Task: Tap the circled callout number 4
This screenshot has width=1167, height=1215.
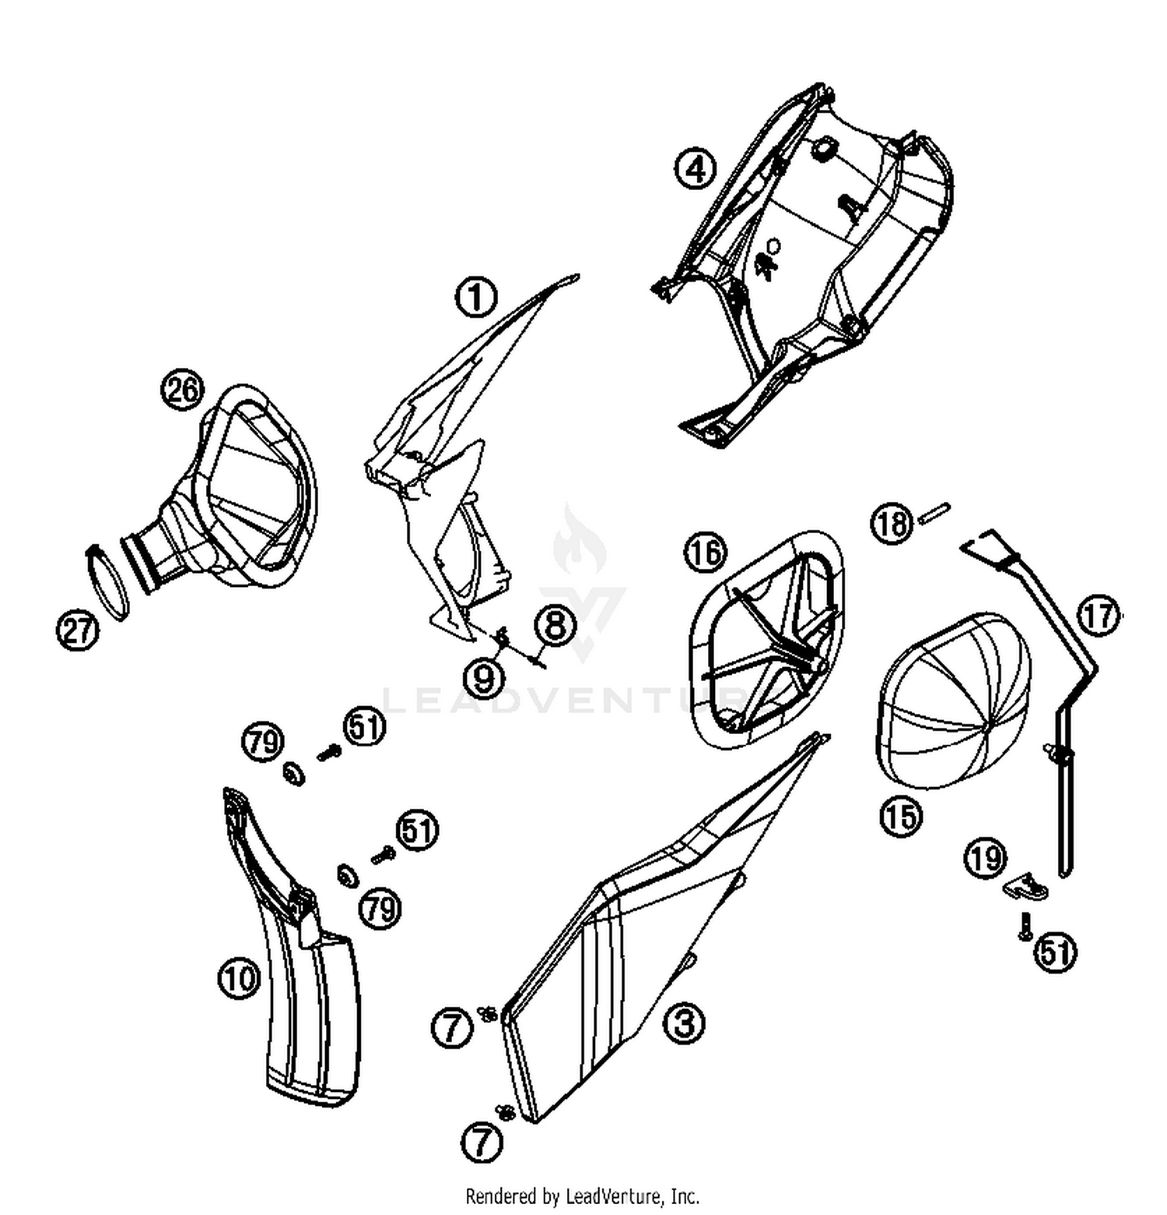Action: coord(695,169)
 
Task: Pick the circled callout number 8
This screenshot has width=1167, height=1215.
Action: coord(555,625)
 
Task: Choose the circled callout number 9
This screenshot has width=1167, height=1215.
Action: coord(484,678)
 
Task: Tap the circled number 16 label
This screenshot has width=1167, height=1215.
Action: coord(705,553)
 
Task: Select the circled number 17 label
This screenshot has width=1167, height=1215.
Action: coord(1099,616)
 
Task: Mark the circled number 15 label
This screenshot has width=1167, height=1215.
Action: coord(900,816)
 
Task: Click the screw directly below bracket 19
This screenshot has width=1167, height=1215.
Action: coord(1025,925)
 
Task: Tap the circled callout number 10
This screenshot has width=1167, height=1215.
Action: coord(238,978)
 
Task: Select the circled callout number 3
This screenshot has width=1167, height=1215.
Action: coord(684,1023)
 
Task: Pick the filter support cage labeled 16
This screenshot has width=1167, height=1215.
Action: coord(766,638)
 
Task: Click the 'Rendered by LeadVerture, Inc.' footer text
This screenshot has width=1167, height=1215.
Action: coord(582,1195)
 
